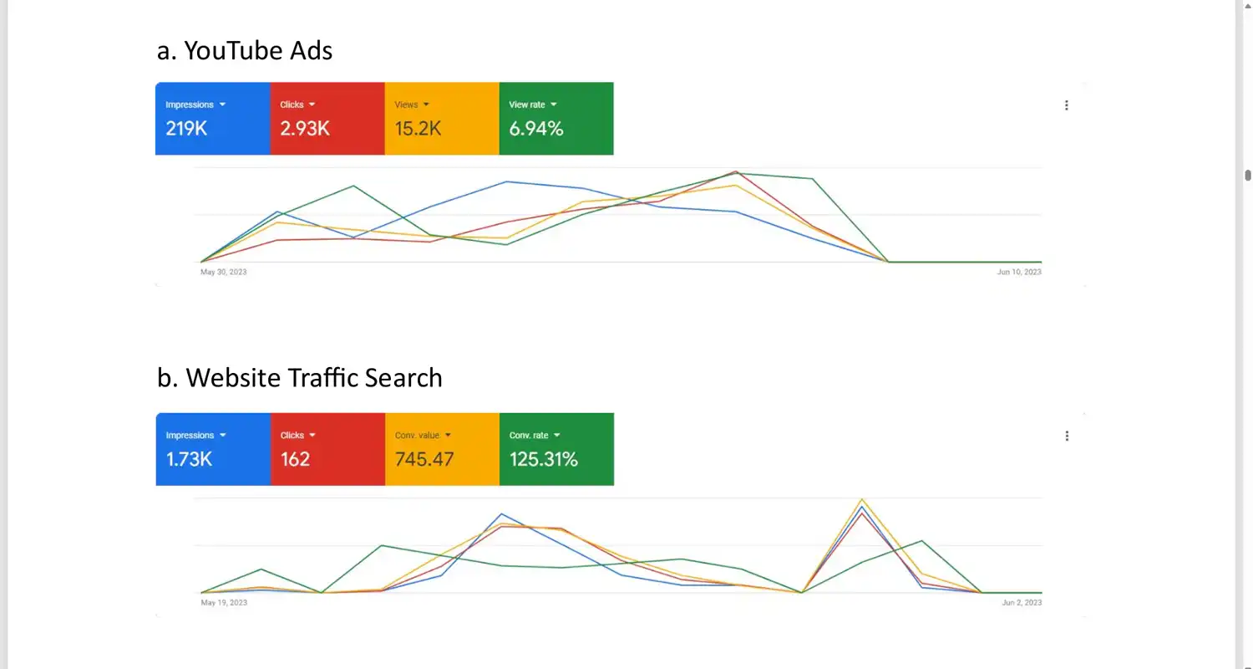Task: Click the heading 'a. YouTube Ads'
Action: point(245,51)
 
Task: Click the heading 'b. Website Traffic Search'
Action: point(299,378)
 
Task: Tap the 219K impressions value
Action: point(186,128)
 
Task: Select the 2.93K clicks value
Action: point(305,128)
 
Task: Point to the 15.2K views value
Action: point(418,128)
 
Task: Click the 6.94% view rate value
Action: point(536,128)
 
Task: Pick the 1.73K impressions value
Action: point(190,459)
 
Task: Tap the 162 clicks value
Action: point(295,459)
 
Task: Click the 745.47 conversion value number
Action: point(424,459)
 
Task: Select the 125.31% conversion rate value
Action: point(544,459)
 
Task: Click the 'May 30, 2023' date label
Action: point(224,272)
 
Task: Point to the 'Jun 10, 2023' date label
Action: point(1019,272)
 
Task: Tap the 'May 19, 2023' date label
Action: point(224,603)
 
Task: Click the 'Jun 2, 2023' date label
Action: point(1022,603)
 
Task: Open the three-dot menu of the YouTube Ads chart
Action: point(1067,105)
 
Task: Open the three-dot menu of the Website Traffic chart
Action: point(1067,436)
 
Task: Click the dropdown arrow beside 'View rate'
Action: point(554,105)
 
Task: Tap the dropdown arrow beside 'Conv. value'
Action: point(448,436)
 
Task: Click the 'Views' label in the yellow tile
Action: point(406,105)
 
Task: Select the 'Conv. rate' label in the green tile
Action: point(528,436)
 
